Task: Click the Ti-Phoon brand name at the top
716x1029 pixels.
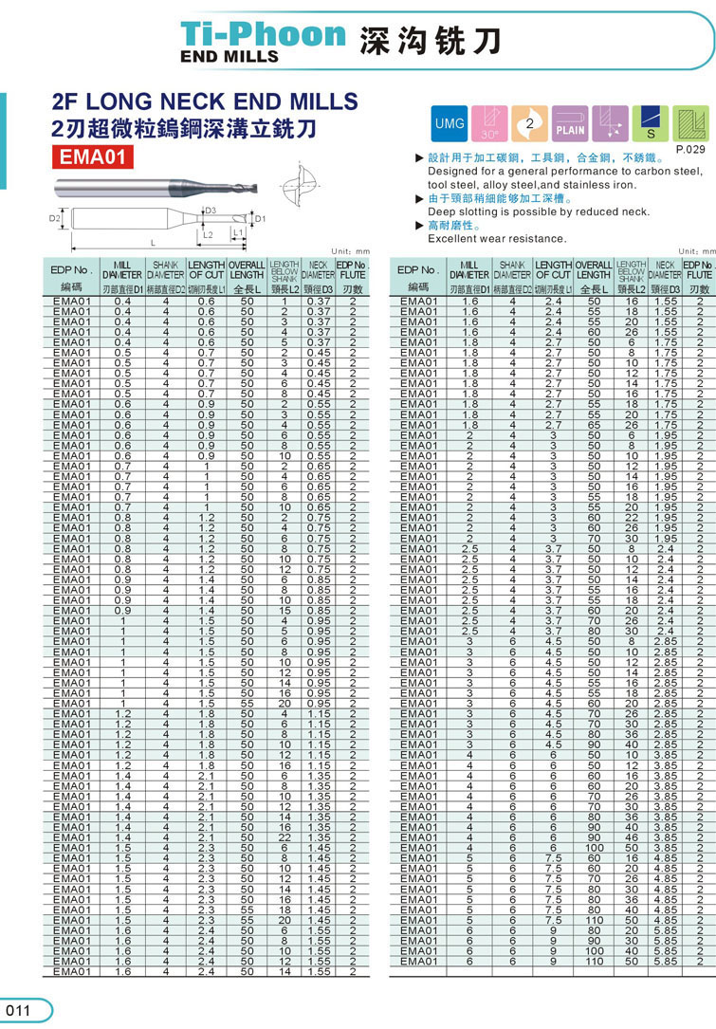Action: (263, 35)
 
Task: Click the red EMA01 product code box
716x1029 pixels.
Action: (92, 156)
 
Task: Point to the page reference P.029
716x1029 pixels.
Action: (689, 150)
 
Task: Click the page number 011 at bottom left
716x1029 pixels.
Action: (19, 1011)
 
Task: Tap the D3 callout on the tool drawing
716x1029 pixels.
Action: (211, 211)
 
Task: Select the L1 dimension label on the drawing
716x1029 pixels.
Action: (238, 231)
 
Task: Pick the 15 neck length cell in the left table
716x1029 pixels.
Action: (284, 610)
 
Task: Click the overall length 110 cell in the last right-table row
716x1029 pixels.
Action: (594, 961)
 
